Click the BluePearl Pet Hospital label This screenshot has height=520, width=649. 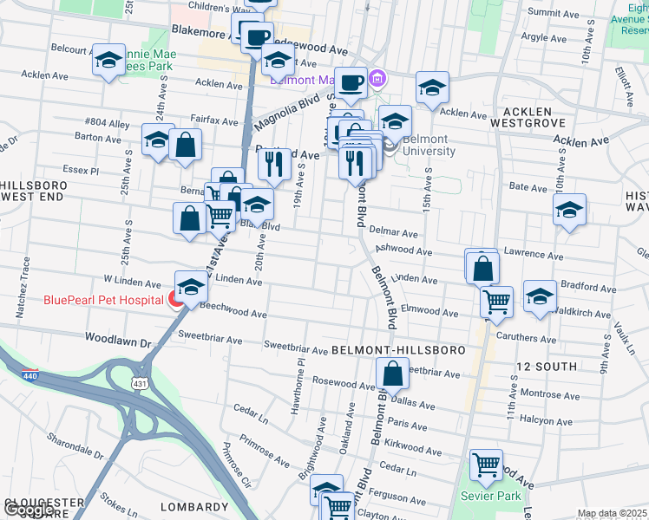104,301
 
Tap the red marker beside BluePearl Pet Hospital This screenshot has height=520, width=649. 176,301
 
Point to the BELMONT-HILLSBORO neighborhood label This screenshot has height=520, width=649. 398,349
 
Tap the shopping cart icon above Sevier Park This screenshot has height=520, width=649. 486,465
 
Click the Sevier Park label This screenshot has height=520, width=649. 496,496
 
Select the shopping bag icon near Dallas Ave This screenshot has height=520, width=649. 392,374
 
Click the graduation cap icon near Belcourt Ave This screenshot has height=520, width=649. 108,60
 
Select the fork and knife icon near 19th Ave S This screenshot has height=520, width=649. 274,163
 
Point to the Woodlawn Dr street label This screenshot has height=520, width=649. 118,342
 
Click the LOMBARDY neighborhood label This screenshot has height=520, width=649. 194,507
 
